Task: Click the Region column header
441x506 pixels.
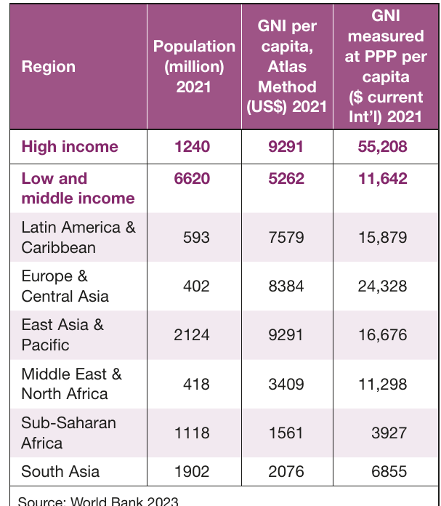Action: pos(49,67)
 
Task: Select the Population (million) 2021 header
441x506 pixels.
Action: pos(194,66)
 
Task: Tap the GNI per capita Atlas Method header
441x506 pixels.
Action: pos(287,66)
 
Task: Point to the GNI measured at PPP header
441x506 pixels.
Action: pos(386,66)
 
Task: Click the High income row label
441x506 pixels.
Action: pos(70,147)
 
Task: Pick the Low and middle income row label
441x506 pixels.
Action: pos(78,188)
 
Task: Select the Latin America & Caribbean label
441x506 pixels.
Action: pos(78,237)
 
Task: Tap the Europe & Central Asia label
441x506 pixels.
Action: pos(65,286)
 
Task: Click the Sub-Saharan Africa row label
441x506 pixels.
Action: pos(68,433)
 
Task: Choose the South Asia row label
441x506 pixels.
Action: pos(60,472)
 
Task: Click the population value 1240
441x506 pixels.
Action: pos(193,147)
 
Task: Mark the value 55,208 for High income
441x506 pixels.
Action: pos(382,147)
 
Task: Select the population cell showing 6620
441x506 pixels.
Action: pos(192,178)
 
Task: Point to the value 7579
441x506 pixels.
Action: pos(286,238)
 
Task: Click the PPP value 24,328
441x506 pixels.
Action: pos(382,286)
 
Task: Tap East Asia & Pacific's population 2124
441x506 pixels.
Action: pos(192,335)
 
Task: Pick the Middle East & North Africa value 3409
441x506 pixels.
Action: pos(286,384)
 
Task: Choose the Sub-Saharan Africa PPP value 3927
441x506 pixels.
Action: pos(389,433)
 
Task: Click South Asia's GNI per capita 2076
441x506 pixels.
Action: pos(286,472)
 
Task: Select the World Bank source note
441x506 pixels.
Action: pos(98,501)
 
